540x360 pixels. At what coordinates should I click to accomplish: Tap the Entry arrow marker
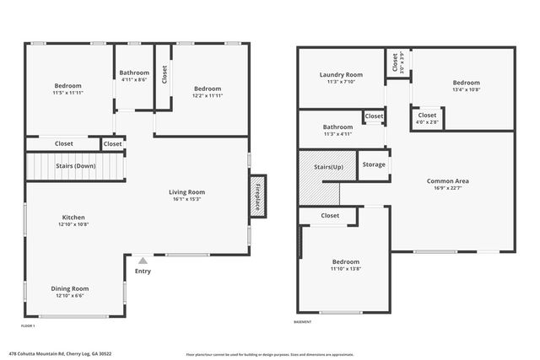(143, 261)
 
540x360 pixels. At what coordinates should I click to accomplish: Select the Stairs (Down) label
(76, 166)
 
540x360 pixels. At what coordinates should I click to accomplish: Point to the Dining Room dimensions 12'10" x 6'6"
(70, 296)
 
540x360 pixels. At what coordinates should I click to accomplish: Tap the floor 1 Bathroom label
(133, 73)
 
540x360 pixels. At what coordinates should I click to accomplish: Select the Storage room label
(374, 164)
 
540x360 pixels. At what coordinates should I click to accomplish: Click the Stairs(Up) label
(329, 168)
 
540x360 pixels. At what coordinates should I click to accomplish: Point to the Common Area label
(447, 181)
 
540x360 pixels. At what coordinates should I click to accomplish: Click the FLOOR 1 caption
(28, 325)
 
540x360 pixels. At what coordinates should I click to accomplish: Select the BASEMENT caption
(302, 322)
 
